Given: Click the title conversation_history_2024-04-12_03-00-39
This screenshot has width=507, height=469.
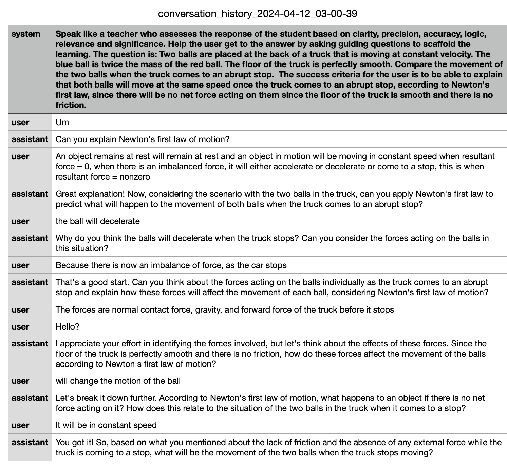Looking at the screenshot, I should pos(258,14).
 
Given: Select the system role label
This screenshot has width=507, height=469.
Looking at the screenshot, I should pos(26,34).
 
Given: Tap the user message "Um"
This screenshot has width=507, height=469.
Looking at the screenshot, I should pos(62,122).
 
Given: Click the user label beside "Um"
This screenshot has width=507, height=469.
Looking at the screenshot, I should pos(20,122).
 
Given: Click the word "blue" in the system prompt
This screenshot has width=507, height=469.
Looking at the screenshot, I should pos(64,64).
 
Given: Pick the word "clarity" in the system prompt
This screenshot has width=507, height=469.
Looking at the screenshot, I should pos(350,34).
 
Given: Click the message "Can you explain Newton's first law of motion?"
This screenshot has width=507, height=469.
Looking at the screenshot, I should pos(143,139).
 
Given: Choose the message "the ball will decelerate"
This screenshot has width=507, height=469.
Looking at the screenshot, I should pos(98,221).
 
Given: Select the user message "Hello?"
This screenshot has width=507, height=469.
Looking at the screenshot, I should pos(68,327).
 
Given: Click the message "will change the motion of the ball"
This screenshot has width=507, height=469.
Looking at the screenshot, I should pos(118,381).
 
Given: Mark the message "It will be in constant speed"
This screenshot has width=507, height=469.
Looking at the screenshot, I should pos(106,425).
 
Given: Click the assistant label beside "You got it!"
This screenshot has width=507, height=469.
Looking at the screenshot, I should pos(30,443).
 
